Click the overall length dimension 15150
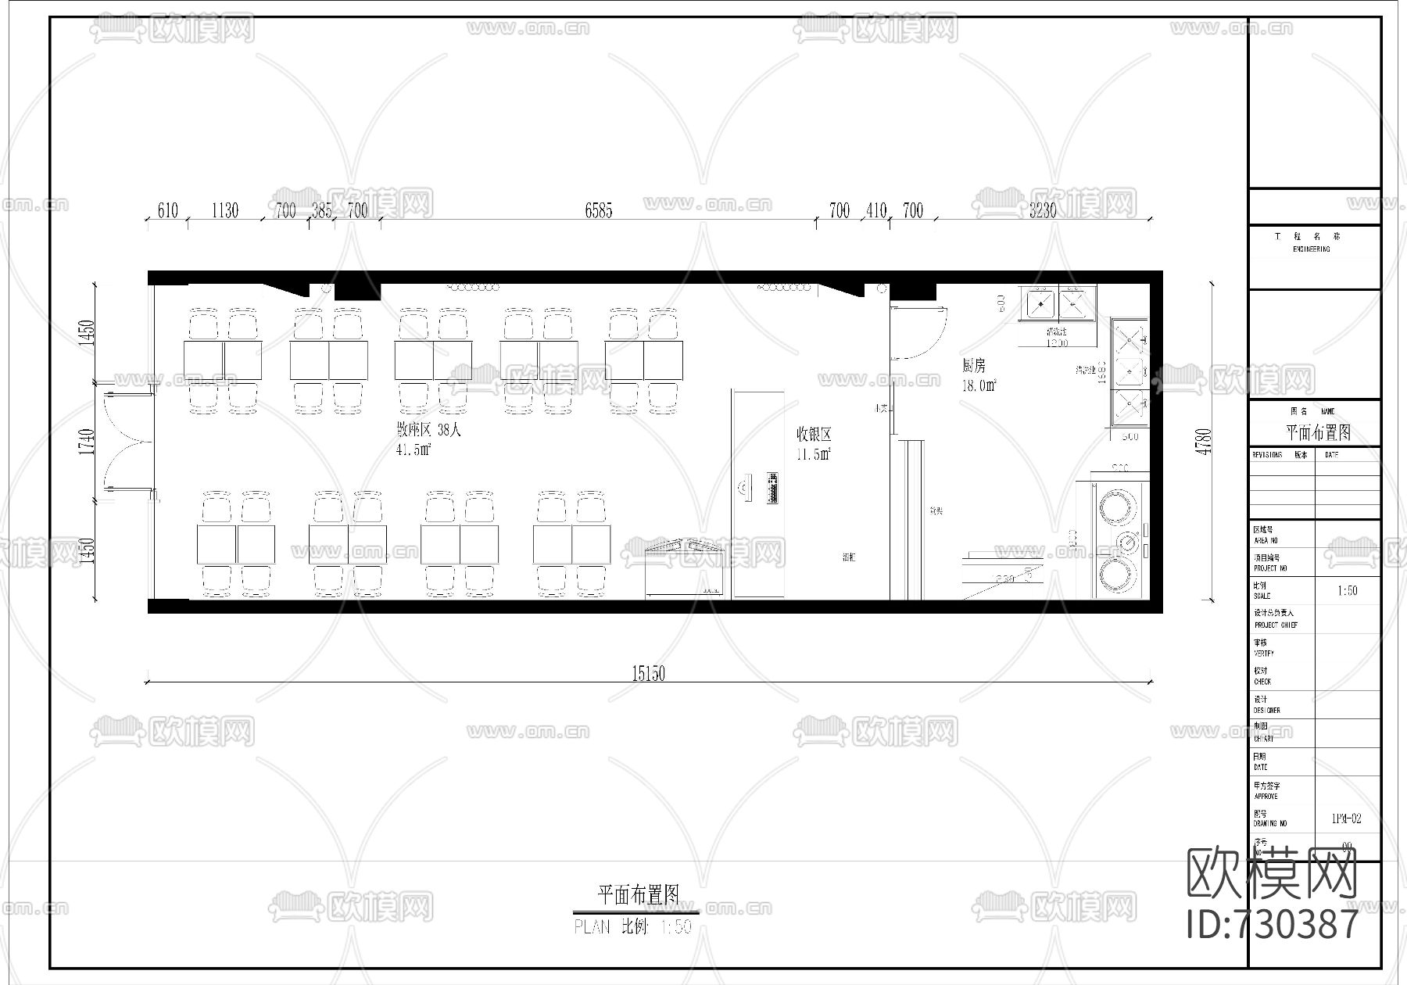pos(648,673)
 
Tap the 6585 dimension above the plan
pos(599,210)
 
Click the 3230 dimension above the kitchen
pos(1043,210)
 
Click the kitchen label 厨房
pos(974,366)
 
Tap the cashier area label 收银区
pos(814,435)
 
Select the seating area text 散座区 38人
pos(428,430)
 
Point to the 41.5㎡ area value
pos(414,450)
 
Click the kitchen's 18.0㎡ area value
pos(979,385)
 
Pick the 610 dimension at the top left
pos(167,210)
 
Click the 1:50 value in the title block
pos(1348,591)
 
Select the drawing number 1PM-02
pos(1347,818)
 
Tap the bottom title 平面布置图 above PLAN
pos(638,894)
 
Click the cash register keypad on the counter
pos(773,487)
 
